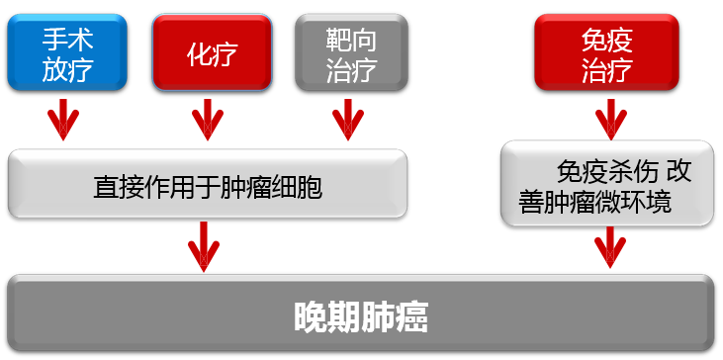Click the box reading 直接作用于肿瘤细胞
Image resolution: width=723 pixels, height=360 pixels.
pos(208,186)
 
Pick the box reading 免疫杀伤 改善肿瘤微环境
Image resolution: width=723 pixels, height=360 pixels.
pos(607,186)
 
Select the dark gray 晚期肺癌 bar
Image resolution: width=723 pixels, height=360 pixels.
pos(361,315)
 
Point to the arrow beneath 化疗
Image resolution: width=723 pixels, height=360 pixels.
pos(207,120)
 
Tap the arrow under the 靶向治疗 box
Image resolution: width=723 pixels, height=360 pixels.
pos(347,120)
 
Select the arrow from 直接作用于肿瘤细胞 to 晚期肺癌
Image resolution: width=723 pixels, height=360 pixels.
pos(205,245)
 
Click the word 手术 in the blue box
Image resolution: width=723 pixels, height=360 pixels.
pos(67,41)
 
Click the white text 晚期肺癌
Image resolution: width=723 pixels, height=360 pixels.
pos(361,315)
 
